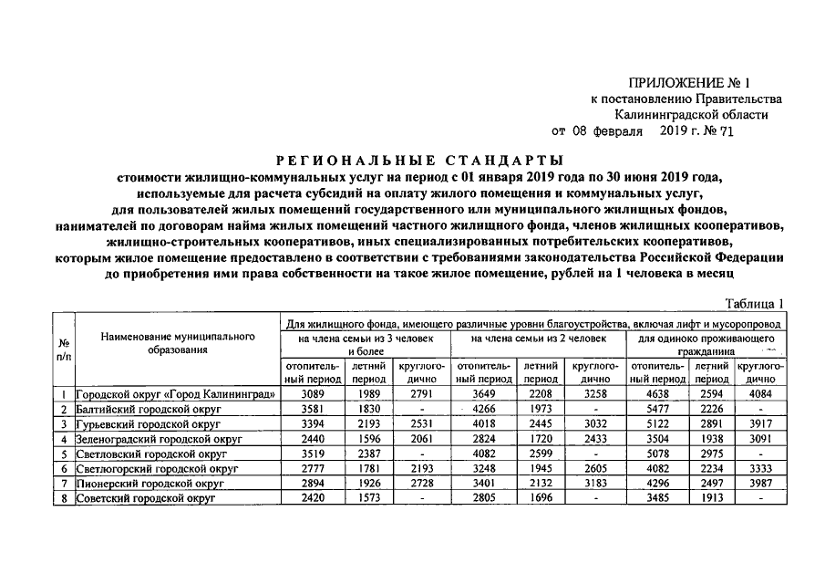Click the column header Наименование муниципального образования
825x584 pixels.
(x=177, y=343)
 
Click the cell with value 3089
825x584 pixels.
(x=313, y=395)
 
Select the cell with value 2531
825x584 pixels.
(x=420, y=424)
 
